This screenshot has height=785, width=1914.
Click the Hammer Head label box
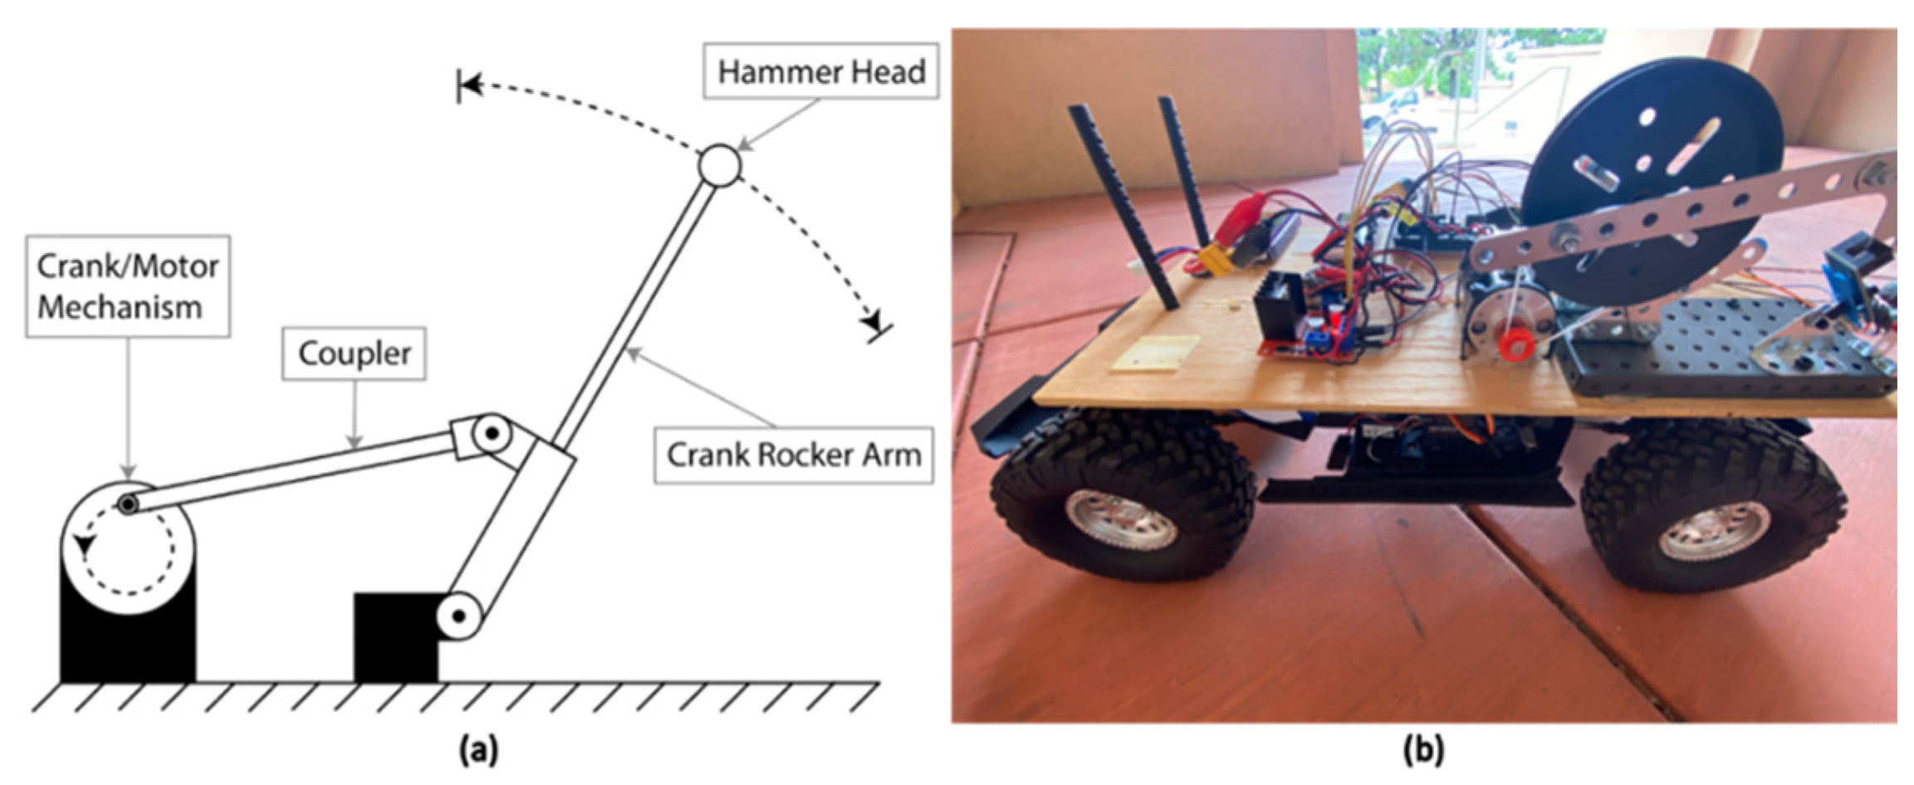(820, 71)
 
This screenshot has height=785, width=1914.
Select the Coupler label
(354, 353)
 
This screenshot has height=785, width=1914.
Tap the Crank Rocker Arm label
(793, 455)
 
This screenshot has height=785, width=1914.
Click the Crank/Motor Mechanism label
(127, 286)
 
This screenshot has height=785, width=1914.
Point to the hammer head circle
(719, 166)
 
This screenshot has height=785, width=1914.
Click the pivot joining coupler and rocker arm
(492, 433)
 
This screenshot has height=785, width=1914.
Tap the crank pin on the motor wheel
(127, 504)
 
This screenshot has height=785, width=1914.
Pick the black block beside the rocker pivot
(394, 637)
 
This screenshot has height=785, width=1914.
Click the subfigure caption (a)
(479, 750)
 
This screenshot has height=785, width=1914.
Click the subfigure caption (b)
(1423, 750)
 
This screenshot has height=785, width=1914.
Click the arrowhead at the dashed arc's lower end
(871, 319)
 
